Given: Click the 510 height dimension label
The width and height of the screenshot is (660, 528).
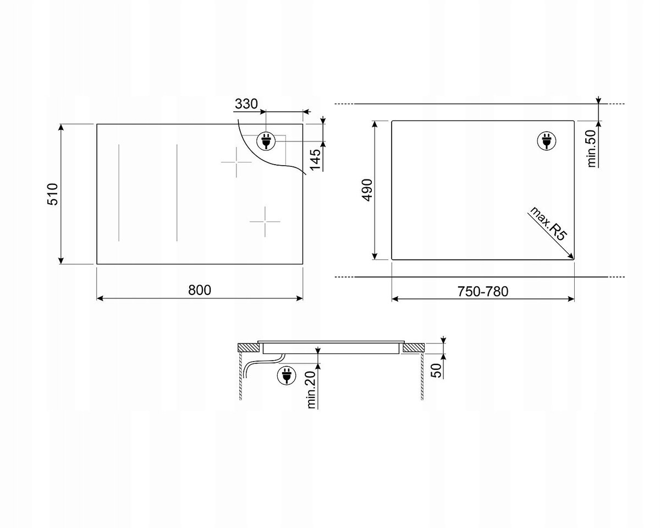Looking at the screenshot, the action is (53, 194).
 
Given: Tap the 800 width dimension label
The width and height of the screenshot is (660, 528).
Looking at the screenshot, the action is (200, 290).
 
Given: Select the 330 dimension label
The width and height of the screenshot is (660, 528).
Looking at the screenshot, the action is (246, 104).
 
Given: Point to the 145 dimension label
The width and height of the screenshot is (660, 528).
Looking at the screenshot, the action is (315, 160).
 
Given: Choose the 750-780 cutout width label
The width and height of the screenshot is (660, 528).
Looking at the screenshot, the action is (483, 291).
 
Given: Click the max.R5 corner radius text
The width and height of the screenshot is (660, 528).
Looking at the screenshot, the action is (548, 224).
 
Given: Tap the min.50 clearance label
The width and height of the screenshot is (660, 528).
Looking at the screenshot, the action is (591, 149).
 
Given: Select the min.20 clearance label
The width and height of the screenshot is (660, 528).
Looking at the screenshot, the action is (311, 390).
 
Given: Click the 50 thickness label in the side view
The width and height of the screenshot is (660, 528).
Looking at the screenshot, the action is (436, 371).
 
